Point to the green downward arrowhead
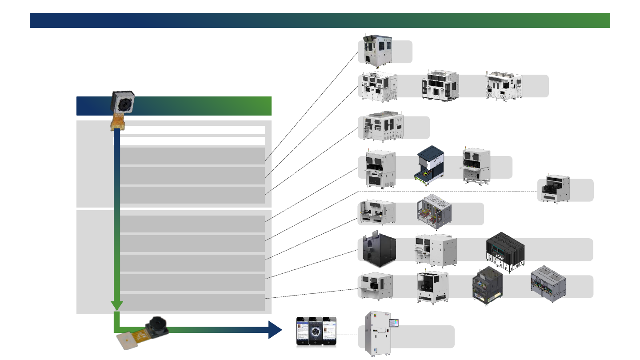coord(117,305)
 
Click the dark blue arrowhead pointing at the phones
coord(276,330)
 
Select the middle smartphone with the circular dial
coord(316,331)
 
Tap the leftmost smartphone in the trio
coord(304,332)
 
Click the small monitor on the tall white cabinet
coord(394,323)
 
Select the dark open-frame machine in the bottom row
coord(488,287)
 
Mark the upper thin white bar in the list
coord(192,130)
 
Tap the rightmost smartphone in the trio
coord(329,332)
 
